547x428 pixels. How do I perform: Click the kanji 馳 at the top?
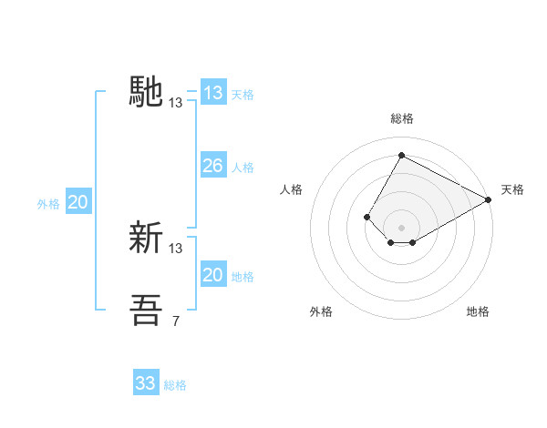point(147,93)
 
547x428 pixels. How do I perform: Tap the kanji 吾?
point(147,311)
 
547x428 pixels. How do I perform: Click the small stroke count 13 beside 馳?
point(176,103)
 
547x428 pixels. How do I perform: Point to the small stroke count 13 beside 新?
point(176,248)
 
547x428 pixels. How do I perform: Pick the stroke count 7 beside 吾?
point(176,321)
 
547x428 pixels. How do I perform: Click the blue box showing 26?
point(212,166)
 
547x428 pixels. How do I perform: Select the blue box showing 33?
point(146,383)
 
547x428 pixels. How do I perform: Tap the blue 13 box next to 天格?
point(212,93)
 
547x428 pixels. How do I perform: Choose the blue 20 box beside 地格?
point(212,275)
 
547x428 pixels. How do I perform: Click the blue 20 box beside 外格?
point(78,202)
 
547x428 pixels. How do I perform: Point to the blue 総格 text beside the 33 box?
point(175,385)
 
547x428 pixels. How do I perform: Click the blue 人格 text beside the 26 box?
point(243,168)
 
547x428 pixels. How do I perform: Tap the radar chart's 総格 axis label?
point(401,118)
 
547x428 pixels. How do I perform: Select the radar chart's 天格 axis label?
point(512,189)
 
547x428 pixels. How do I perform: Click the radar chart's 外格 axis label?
point(321,311)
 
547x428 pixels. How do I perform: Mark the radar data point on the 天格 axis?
point(490,199)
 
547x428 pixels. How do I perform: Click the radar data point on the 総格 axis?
point(401,155)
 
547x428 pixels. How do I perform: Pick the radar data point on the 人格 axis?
point(366,217)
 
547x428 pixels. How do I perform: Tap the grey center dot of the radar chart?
point(401,228)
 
